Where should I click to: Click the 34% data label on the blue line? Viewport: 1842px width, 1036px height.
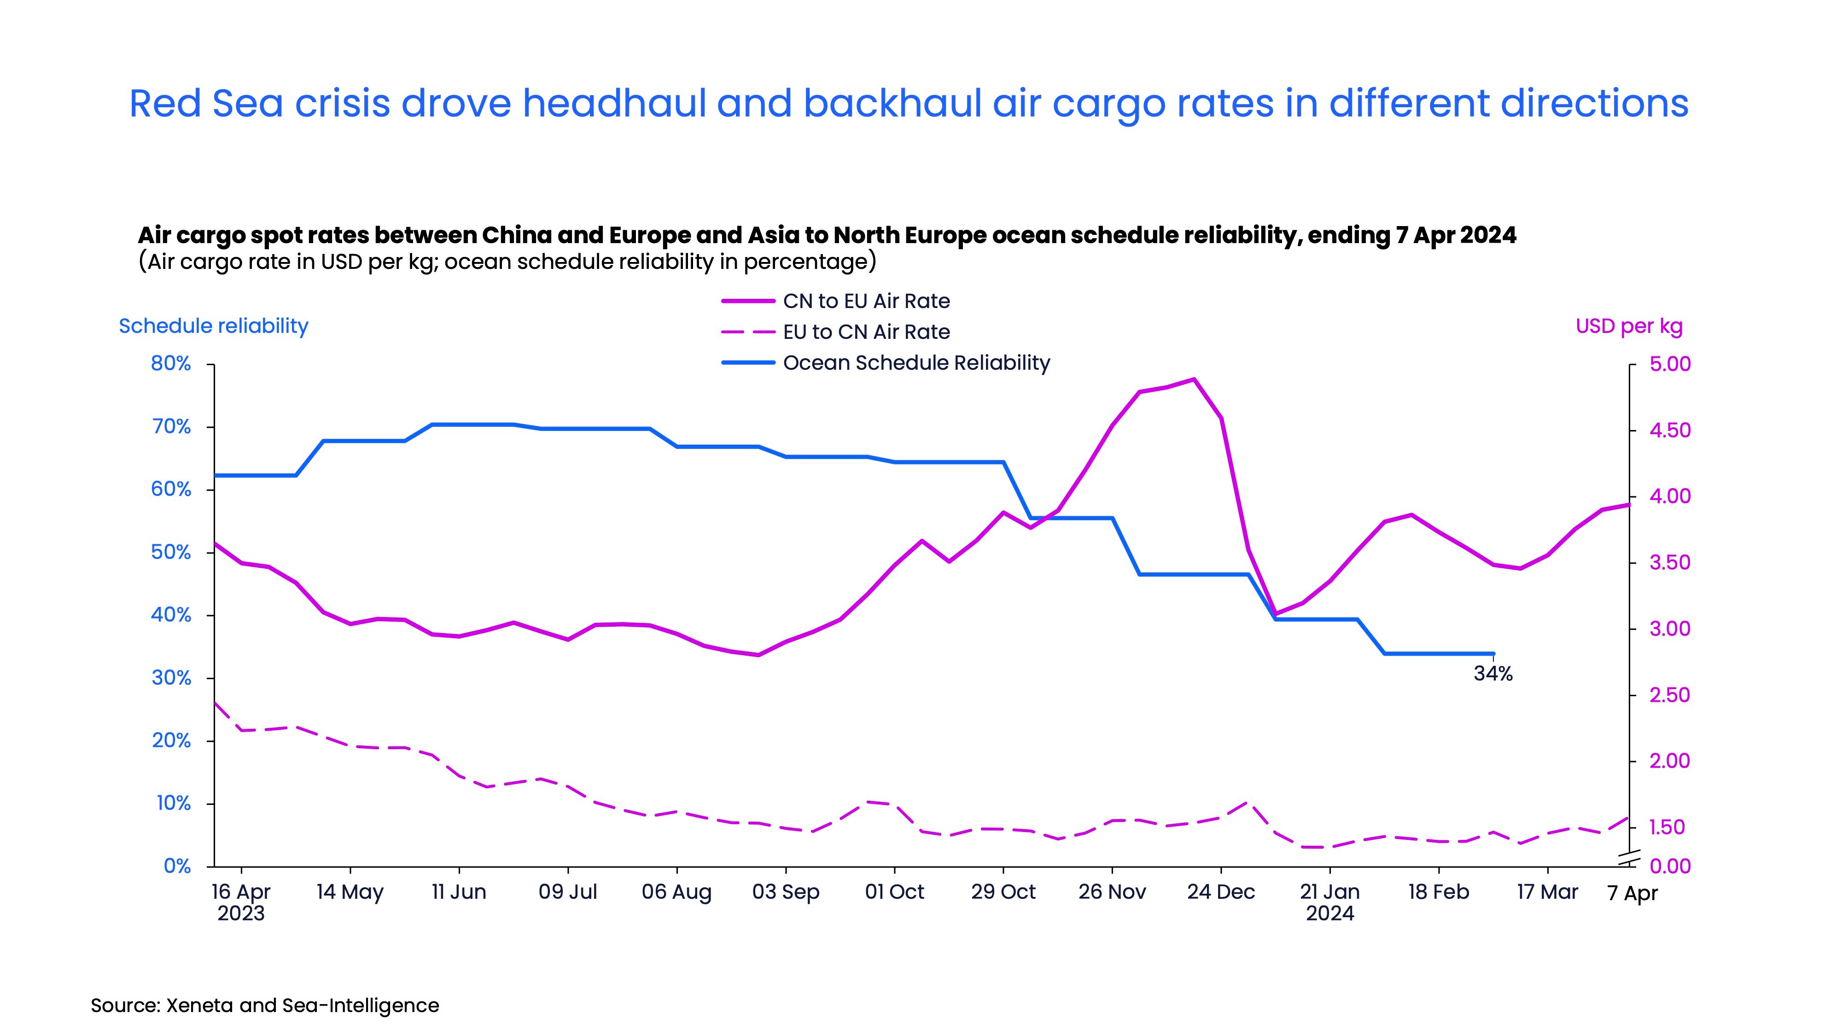(1492, 674)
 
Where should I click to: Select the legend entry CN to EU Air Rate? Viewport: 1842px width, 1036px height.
(865, 301)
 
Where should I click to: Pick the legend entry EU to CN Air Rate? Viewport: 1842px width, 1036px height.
(865, 332)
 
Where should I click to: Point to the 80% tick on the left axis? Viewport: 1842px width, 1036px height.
(171, 364)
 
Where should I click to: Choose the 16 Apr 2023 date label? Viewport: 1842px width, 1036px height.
(241, 902)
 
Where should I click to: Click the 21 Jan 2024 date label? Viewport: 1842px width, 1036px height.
(1329, 902)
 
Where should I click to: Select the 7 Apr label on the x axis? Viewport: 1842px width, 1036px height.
(1632, 893)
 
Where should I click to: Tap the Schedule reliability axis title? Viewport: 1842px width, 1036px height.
(213, 326)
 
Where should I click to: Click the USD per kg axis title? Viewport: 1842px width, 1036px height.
(1629, 326)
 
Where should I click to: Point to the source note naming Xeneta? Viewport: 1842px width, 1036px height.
(265, 1005)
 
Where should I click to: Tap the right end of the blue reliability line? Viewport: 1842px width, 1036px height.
(1493, 653)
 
